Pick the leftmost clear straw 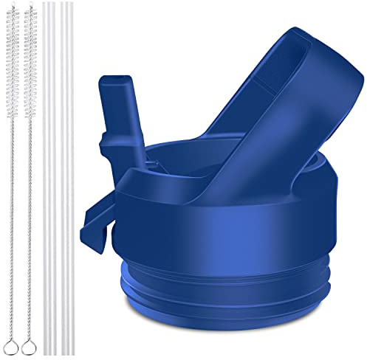click(47, 177)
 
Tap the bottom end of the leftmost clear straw click(47, 351)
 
